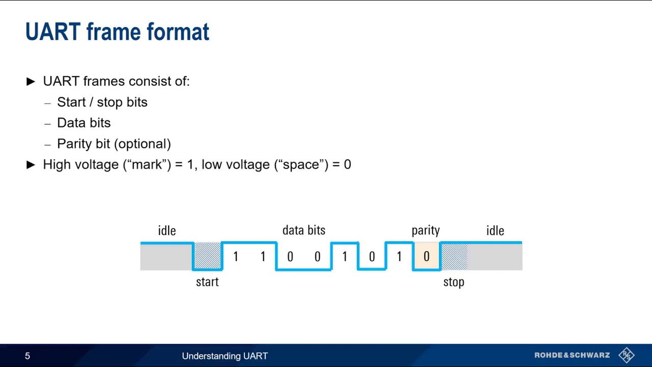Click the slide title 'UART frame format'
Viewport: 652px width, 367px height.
click(117, 32)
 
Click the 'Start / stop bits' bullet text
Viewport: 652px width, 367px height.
click(102, 102)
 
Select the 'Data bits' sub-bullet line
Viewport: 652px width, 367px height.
click(84, 123)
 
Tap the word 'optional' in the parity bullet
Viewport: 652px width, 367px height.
click(143, 144)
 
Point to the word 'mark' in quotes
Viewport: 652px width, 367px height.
click(147, 165)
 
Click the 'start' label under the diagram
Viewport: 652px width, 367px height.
click(207, 282)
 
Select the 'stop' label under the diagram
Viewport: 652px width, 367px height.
click(453, 282)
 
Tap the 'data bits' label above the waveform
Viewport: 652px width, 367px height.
click(304, 230)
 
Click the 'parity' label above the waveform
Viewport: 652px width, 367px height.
click(425, 230)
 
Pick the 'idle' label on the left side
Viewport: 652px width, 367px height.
click(167, 230)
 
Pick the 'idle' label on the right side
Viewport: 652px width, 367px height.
click(495, 230)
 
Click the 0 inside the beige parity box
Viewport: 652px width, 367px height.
click(426, 256)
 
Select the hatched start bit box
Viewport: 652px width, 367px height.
click(208, 256)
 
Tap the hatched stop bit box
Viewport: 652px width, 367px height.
click(454, 256)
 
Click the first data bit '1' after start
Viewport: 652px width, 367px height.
click(235, 256)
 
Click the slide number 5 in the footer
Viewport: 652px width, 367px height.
click(28, 356)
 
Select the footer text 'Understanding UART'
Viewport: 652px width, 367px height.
click(225, 356)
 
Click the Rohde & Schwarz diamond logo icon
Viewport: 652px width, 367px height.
click(626, 355)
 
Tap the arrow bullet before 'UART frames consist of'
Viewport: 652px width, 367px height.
click(31, 82)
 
